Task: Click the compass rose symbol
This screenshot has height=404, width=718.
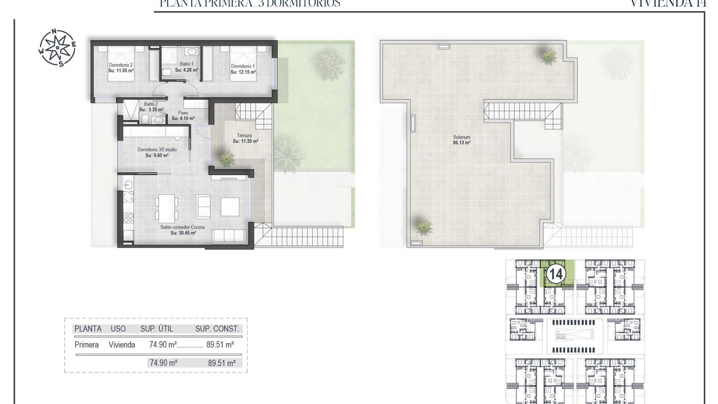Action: pyautogui.click(x=57, y=48)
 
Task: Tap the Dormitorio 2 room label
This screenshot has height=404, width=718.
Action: pyautogui.click(x=121, y=65)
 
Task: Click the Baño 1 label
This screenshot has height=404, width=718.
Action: pyautogui.click(x=187, y=64)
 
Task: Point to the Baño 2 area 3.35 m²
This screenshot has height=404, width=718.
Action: pyautogui.click(x=151, y=110)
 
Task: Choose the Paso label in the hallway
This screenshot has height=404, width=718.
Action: pyautogui.click(x=183, y=113)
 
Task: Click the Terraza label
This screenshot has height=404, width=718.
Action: pyautogui.click(x=244, y=135)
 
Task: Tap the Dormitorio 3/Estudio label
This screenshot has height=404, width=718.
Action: pyautogui.click(x=157, y=150)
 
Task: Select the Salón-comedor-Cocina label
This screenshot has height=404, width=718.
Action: pyautogui.click(x=182, y=227)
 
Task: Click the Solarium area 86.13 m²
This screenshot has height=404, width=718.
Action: pyautogui.click(x=461, y=143)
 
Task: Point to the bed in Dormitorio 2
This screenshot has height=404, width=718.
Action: pyautogui.click(x=121, y=64)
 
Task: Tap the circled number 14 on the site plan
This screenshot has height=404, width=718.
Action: pyautogui.click(x=555, y=275)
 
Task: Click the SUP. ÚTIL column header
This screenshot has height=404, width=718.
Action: pyautogui.click(x=157, y=329)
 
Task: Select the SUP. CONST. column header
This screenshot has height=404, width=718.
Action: pyautogui.click(x=217, y=329)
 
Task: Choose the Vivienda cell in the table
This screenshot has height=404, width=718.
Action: pyautogui.click(x=122, y=345)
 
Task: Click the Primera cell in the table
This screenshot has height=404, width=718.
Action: pyautogui.click(x=86, y=345)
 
